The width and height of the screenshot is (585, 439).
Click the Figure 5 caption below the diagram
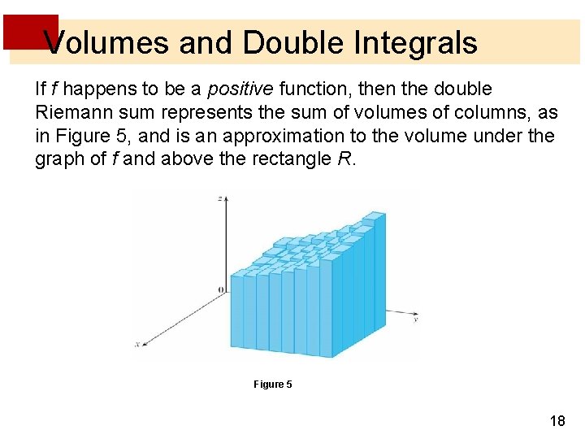coord(272,384)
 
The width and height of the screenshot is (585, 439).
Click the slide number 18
coord(557,421)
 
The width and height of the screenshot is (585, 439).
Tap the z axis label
coord(220,198)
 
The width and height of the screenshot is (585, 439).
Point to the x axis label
coord(136,344)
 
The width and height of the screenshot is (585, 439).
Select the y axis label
coord(415,319)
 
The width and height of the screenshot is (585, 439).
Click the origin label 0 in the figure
coord(220,290)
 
